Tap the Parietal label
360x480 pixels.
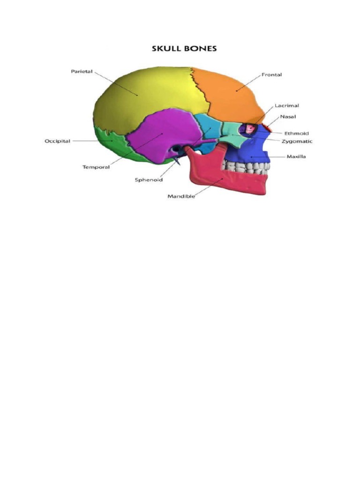click(82, 72)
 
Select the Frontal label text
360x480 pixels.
click(271, 75)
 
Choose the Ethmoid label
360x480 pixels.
click(296, 134)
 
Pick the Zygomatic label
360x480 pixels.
click(297, 141)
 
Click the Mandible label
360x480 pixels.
click(181, 196)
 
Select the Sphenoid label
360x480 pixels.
click(149, 180)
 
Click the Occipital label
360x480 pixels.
click(57, 141)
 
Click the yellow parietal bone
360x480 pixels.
click(141, 94)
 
